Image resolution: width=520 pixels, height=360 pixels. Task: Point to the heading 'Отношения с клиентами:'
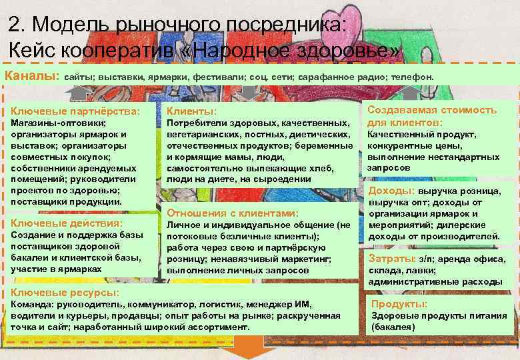(232, 213)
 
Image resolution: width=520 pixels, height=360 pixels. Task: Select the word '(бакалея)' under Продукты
(393, 327)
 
